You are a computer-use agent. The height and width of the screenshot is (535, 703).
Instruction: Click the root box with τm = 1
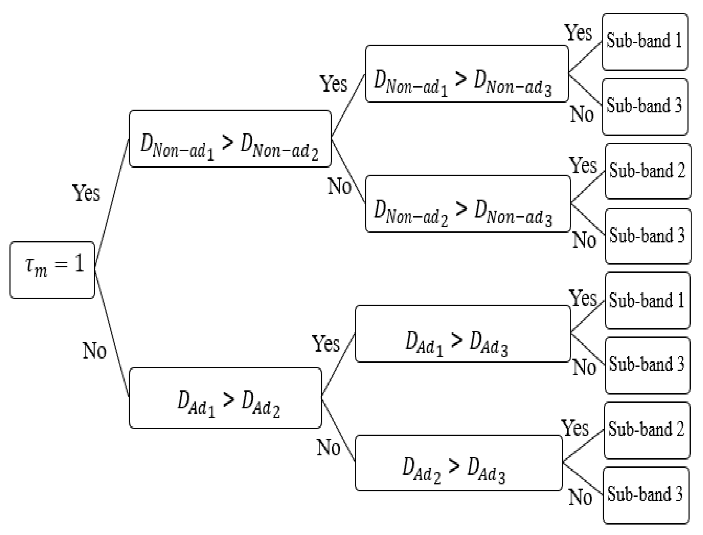pos(52,270)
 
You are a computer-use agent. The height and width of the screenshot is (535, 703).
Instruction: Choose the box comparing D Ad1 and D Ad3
pos(463,334)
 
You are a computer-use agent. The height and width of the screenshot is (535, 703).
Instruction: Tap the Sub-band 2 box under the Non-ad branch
pos(648,171)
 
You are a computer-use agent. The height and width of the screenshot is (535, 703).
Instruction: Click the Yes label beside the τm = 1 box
pos(86,193)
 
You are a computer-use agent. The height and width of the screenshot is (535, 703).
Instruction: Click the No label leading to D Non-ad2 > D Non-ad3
pos(339,187)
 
